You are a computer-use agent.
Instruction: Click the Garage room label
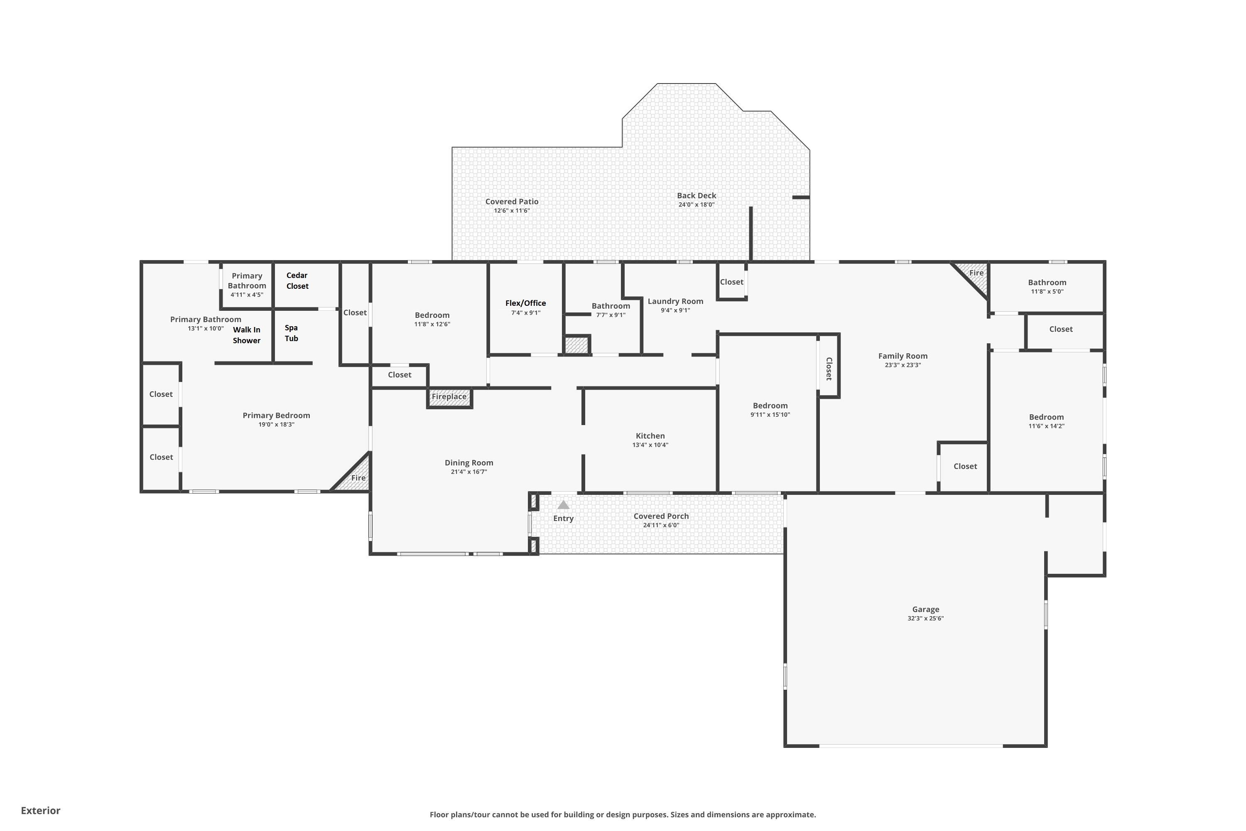925,610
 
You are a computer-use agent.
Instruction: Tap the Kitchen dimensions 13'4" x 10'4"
650,445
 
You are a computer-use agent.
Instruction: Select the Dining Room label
469,463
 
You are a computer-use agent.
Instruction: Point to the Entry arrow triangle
563,505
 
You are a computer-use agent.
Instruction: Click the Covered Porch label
661,516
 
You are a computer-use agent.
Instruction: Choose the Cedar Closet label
297,281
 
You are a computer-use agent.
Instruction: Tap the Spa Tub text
292,333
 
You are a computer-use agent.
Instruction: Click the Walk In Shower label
246,335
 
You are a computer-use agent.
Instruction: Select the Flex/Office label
525,303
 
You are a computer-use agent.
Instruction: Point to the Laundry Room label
675,301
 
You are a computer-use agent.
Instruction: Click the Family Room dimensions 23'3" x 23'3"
903,365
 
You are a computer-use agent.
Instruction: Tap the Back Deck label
697,196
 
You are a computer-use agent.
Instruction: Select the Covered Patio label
512,202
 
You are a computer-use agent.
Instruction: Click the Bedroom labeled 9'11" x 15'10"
770,406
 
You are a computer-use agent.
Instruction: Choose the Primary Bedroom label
276,415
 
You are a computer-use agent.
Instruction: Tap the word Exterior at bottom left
41,810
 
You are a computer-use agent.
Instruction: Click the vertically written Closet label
829,369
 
